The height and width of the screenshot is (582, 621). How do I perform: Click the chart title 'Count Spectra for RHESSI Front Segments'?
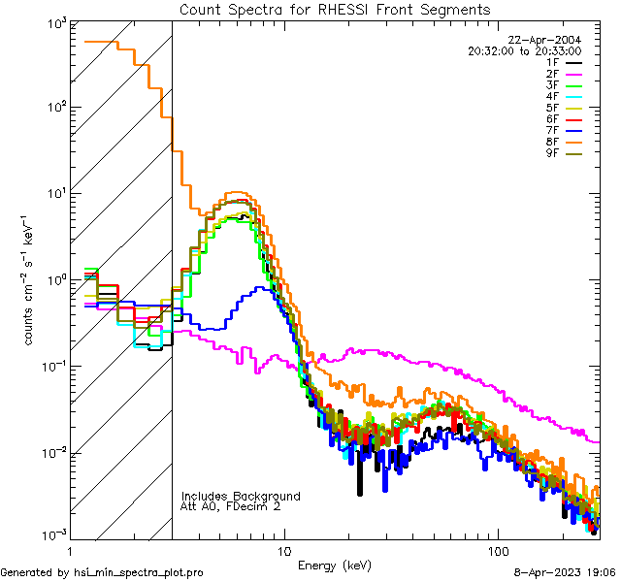[335, 10]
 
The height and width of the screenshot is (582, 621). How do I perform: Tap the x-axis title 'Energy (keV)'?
[334, 565]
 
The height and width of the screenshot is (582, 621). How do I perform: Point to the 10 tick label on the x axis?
[283, 550]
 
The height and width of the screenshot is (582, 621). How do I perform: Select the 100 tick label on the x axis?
[498, 550]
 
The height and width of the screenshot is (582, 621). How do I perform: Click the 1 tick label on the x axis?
[68, 550]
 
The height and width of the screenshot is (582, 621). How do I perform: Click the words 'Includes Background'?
[241, 496]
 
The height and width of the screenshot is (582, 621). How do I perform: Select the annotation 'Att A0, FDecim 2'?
[231, 506]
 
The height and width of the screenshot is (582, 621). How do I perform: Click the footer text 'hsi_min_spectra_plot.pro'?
[139, 573]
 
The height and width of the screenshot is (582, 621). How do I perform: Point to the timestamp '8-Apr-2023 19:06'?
[564, 573]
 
